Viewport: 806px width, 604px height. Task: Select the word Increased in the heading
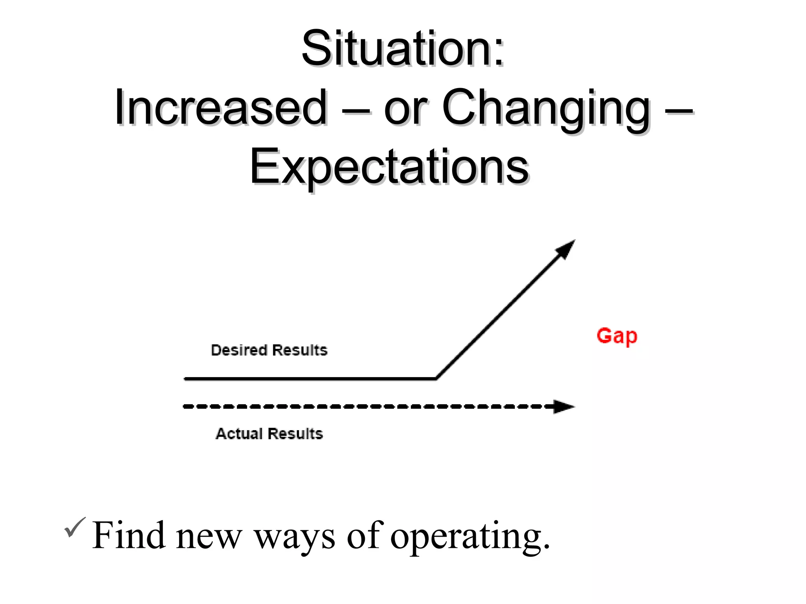(x=220, y=107)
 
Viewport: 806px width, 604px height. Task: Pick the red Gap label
(x=617, y=336)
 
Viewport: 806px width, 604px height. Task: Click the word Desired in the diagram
(x=239, y=350)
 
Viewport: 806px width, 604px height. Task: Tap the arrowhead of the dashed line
(x=564, y=407)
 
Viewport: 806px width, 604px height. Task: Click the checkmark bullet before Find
(x=74, y=527)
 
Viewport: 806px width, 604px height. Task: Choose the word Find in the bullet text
(x=128, y=535)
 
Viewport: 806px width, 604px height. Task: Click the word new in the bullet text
(x=209, y=537)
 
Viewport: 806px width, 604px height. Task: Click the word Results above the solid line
(x=300, y=350)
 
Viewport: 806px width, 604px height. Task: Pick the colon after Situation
(x=499, y=55)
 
